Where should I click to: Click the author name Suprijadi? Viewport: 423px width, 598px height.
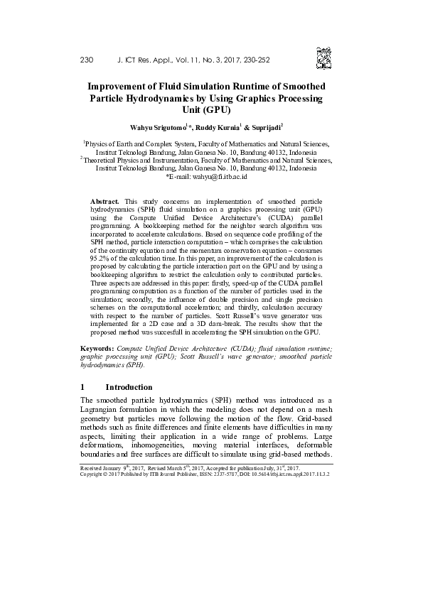[x=263, y=128]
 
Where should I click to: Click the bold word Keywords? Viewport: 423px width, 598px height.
[x=97, y=350]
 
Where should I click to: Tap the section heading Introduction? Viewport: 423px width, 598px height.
[x=129, y=388]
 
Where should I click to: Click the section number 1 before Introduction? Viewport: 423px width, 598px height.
[x=83, y=388]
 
